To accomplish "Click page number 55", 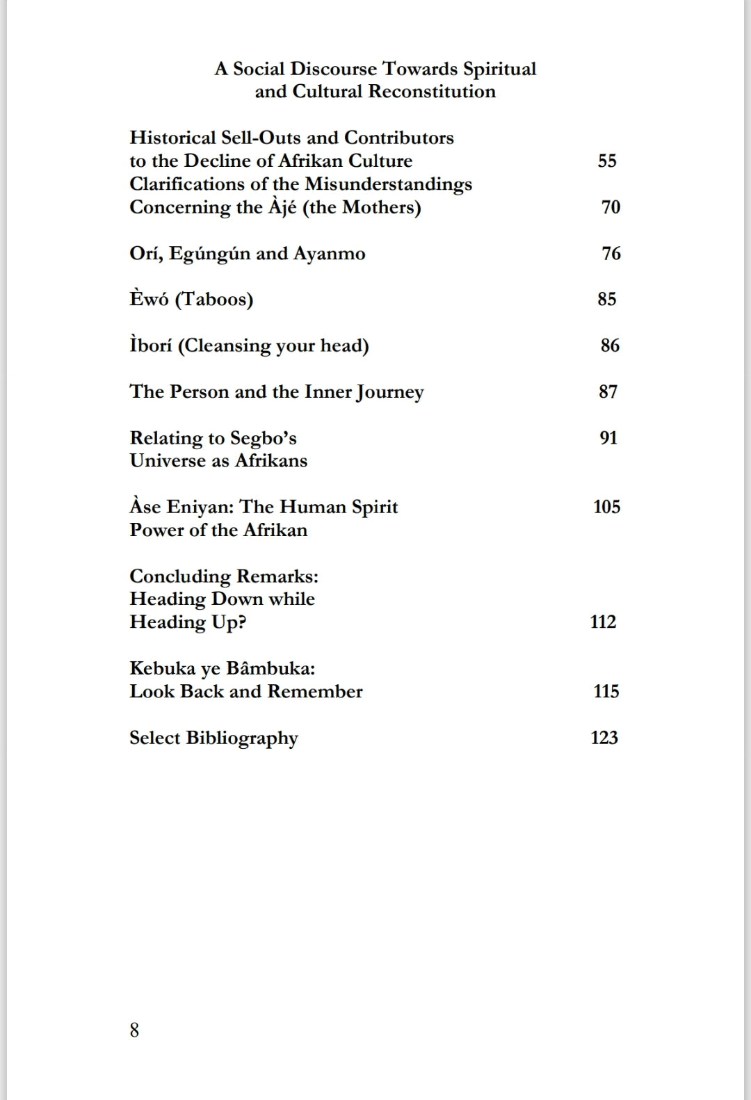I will pos(607,161).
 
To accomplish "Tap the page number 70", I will pos(611,207).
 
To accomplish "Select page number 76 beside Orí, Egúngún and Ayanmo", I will pos(611,254).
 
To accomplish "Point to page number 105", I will pos(606,507).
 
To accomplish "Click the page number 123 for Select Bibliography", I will pos(604,738).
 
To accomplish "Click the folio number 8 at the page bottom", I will pos(134,1030).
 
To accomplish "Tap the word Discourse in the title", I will pos(334,69).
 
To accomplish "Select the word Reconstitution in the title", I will pos(432,92).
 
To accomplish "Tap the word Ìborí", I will pos(150,346).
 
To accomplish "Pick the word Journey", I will pos(389,393).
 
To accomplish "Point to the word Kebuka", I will pos(156,669).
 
